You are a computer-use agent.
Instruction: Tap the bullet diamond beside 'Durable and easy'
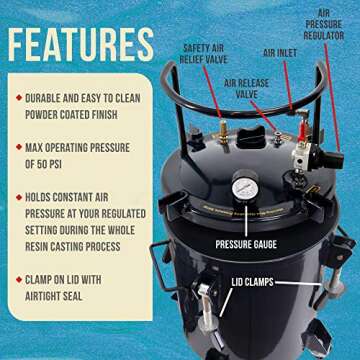(21, 98)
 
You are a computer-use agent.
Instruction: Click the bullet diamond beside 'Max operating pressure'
(21, 154)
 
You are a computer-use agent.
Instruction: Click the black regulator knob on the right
(333, 158)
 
